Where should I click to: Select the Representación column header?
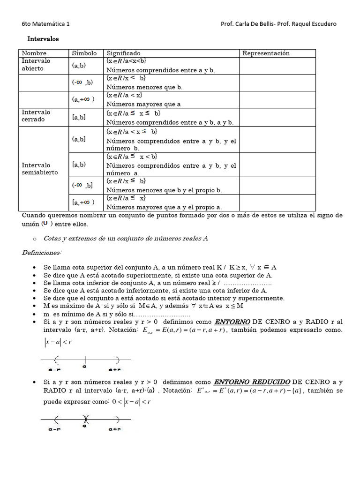tap(266, 53)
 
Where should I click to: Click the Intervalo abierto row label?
tap(36, 65)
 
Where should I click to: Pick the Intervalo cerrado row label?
tap(36, 116)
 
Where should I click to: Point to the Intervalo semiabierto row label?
tap(40, 169)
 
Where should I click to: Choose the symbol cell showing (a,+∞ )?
tap(83, 99)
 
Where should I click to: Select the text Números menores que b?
tap(144, 87)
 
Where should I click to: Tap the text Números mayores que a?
tap(143, 104)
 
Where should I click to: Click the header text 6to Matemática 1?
tap(46, 24)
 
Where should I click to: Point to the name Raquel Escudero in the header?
tap(314, 24)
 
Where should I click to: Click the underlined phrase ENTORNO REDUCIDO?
tap(252, 382)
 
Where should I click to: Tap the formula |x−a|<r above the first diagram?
tap(58, 342)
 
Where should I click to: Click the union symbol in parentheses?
tap(45, 224)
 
